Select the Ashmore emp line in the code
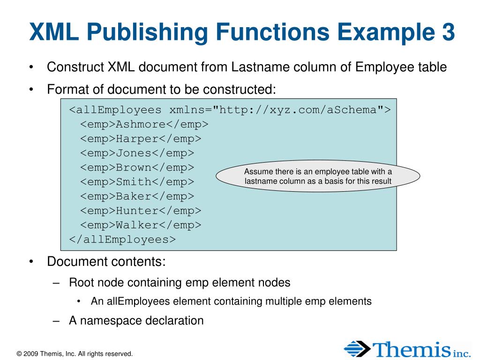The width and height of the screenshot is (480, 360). (144, 124)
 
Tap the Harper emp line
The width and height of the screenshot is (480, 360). (140, 139)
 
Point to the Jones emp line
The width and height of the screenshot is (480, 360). (137, 153)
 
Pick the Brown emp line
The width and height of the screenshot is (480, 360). (137, 167)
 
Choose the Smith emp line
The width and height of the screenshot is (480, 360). (137, 182)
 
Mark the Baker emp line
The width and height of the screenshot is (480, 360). (137, 196)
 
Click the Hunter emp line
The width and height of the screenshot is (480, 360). (140, 210)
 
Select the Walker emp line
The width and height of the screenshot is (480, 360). (140, 225)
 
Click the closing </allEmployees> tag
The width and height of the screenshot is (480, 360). (122, 240)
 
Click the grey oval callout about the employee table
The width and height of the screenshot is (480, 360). (318, 176)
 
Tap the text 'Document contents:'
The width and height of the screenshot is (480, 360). (106, 261)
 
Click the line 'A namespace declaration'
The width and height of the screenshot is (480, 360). (136, 321)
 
